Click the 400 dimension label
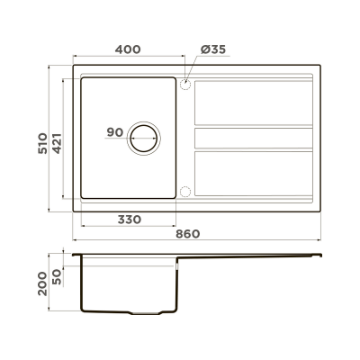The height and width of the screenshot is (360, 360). coord(128,50)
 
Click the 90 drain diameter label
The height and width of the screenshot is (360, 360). coord(114,133)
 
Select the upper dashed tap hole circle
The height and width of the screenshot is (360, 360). coord(185,85)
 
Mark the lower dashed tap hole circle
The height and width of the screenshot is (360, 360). coord(185,191)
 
